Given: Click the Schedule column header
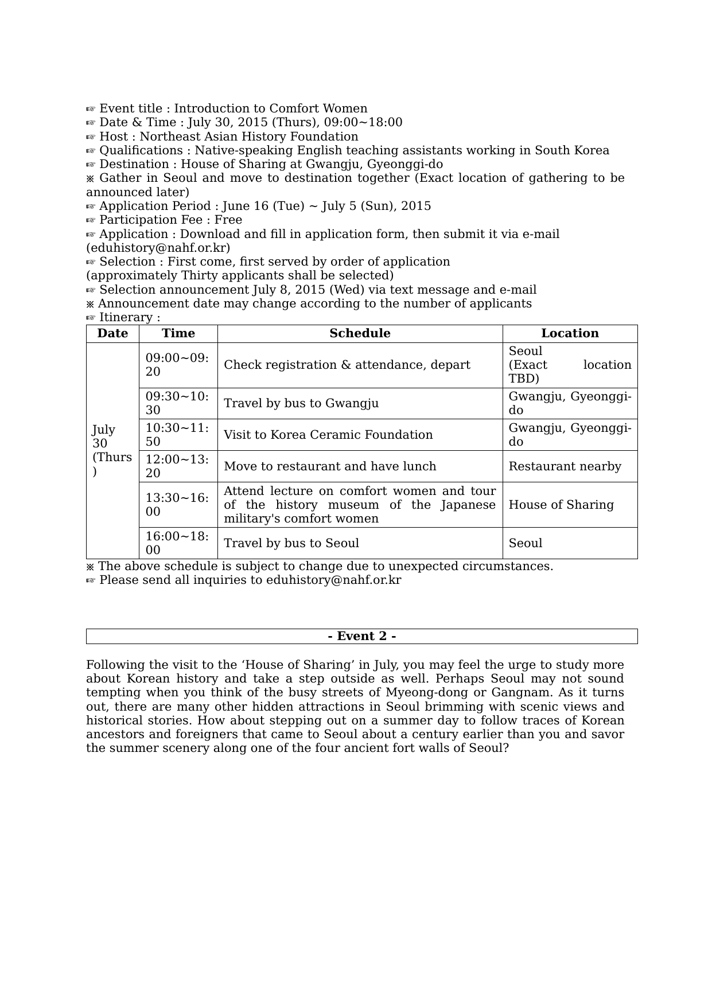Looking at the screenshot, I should tap(360, 333).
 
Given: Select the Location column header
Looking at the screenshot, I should tap(570, 333).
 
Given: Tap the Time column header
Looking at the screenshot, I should tap(178, 333).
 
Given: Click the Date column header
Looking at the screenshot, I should tap(112, 333).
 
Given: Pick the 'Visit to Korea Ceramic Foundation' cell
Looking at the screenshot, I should tap(328, 435).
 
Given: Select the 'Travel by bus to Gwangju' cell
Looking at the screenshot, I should tap(301, 403).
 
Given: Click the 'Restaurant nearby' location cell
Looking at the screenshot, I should tap(565, 466).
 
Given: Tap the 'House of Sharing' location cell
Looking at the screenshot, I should tap(561, 505).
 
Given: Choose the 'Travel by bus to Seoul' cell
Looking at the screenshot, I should tap(291, 543).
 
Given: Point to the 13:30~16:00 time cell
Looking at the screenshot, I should tap(177, 505).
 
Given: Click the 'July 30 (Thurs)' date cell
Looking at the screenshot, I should tap(112, 450).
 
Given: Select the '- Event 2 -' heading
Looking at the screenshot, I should tap(361, 636).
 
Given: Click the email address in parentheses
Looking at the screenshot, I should tap(158, 248).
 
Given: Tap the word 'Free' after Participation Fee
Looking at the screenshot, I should tap(228, 220).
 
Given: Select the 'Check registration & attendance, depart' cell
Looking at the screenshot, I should tap(347, 365).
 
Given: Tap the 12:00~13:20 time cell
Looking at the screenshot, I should tap(177, 466).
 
